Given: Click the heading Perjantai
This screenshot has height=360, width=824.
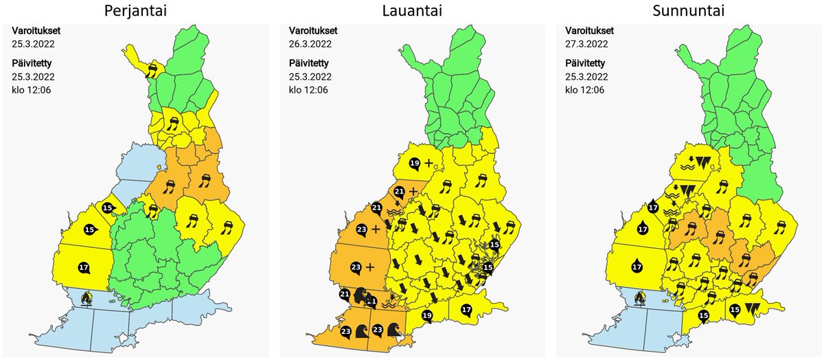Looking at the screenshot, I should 137,12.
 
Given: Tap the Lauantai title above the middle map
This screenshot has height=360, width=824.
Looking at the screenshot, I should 411,12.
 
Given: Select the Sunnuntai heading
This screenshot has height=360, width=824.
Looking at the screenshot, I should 687,12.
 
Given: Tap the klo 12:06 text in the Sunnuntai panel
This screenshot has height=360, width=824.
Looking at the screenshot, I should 585,89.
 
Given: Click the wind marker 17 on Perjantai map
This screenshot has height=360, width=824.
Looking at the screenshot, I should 84,267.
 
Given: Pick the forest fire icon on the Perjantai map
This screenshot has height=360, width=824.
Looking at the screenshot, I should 87,298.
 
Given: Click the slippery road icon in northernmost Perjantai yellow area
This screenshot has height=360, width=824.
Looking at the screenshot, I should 152,69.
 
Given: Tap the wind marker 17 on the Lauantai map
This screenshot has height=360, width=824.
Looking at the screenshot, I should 466,309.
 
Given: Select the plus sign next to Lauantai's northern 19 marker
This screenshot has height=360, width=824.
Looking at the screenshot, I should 429,163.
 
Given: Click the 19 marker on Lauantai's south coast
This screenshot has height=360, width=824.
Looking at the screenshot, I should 427,315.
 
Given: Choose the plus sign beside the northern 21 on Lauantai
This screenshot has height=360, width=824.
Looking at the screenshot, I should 413,190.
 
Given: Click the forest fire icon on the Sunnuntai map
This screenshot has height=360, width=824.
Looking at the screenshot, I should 640,298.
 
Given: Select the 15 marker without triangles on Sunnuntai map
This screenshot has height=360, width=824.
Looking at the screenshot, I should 702,316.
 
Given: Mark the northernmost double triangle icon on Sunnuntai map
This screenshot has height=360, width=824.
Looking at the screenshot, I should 701,163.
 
